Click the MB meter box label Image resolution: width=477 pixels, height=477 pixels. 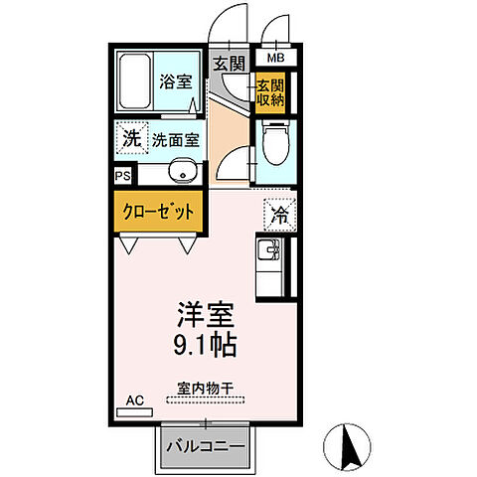point(272,59)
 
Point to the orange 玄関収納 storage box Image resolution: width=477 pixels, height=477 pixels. point(270,92)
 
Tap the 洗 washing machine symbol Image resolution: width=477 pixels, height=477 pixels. point(131,139)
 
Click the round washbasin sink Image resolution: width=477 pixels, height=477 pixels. point(180,173)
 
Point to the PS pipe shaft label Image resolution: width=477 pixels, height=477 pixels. point(122,177)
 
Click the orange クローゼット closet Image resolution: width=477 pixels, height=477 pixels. point(157,212)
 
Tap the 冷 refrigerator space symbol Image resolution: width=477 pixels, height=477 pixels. point(278,214)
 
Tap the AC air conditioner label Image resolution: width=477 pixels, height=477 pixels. point(136,400)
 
